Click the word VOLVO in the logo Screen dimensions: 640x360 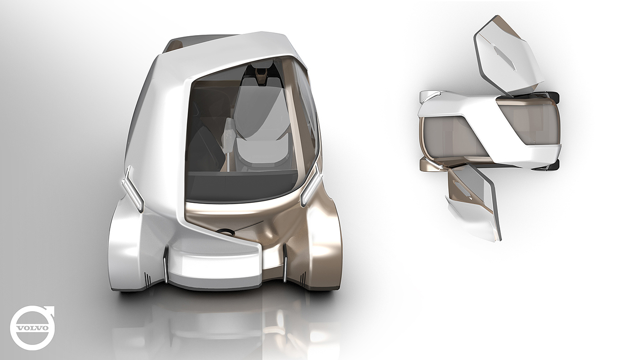click(32, 328)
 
